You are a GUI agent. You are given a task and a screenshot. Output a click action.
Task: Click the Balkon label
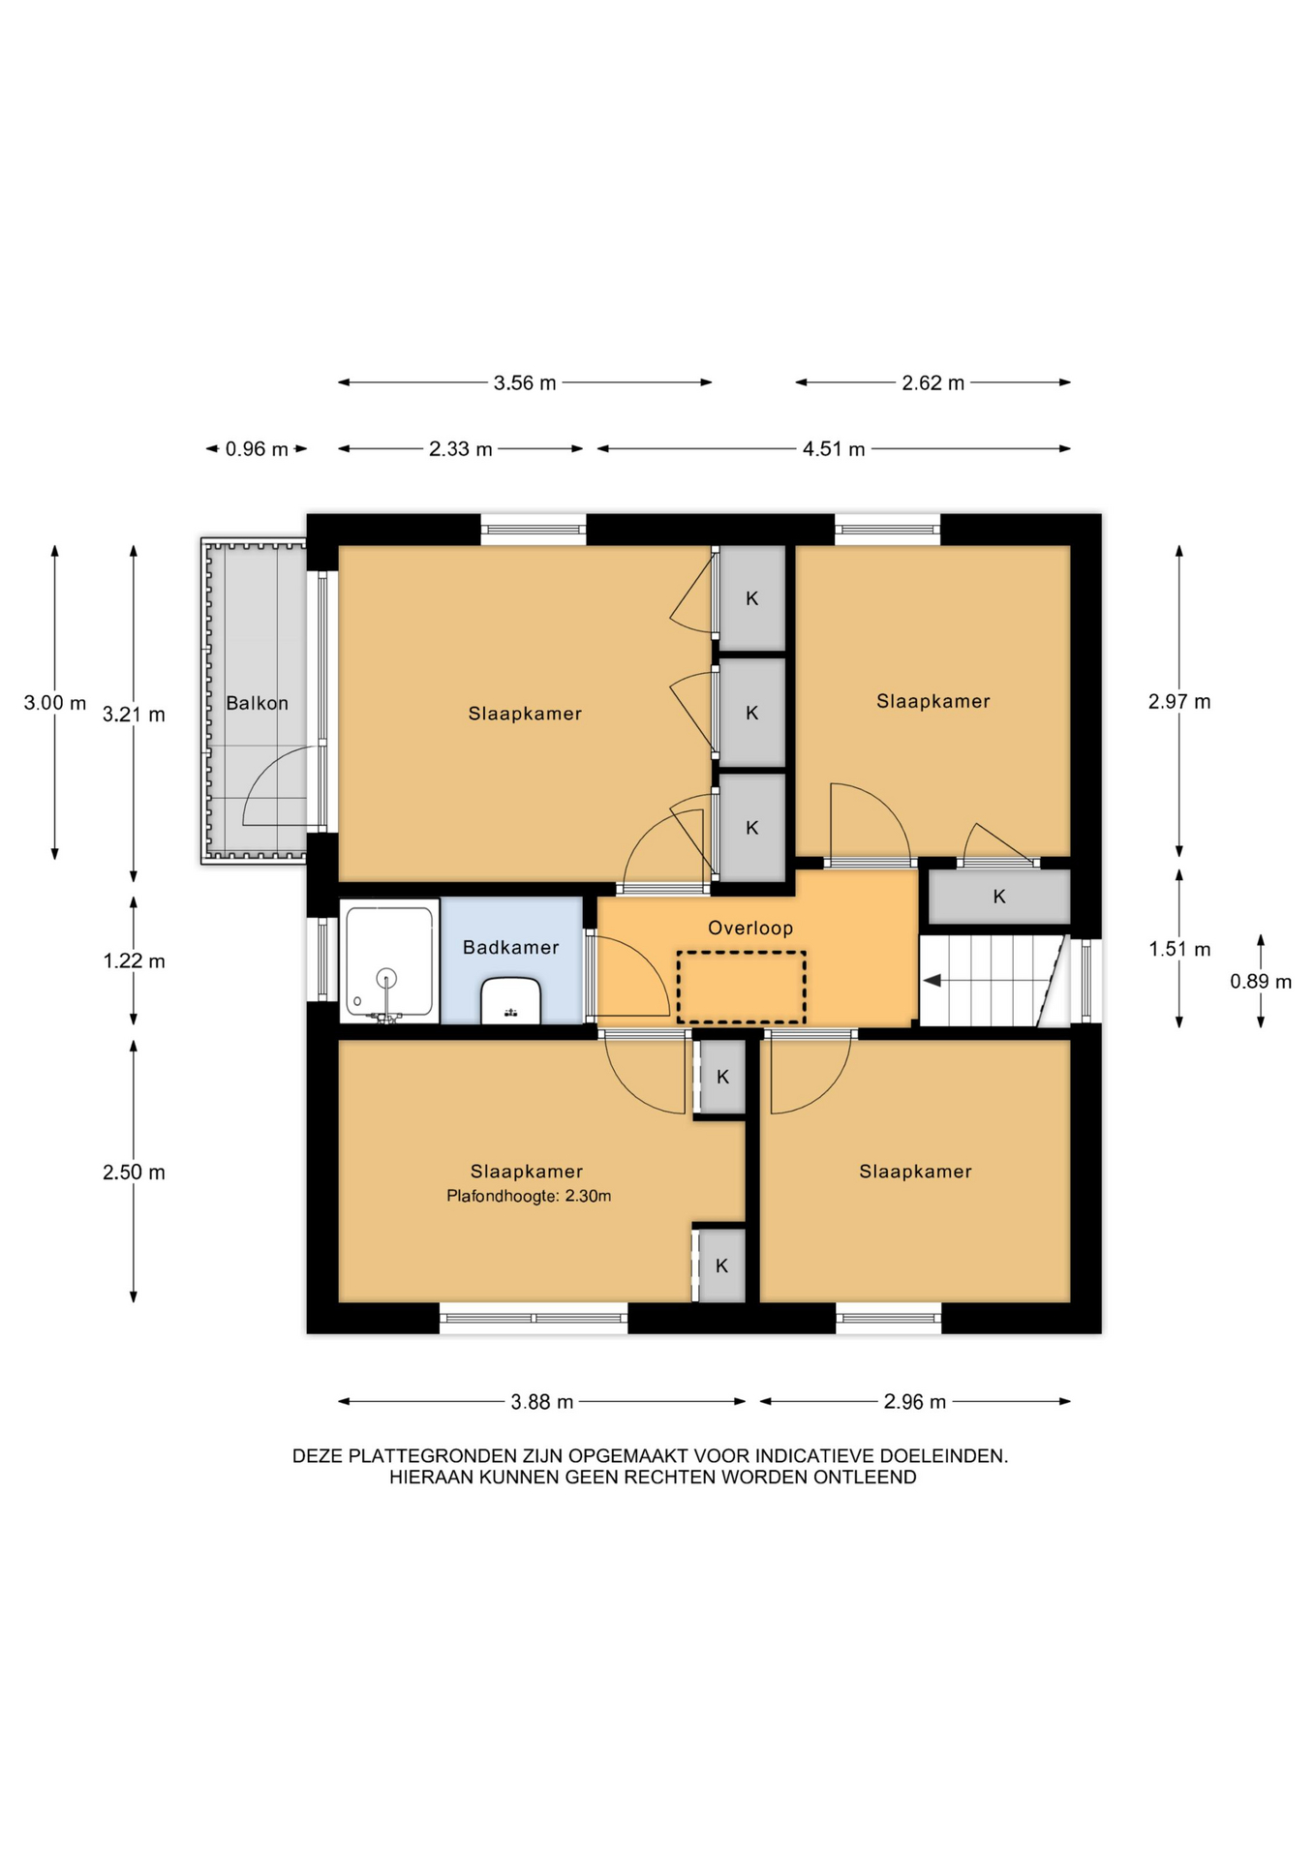[257, 703]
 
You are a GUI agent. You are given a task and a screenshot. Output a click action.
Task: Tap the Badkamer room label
[510, 947]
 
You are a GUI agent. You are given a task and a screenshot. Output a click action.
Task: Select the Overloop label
[750, 928]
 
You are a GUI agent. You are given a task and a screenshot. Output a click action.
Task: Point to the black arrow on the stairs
[932, 981]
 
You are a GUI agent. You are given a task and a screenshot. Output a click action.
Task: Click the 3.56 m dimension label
[525, 382]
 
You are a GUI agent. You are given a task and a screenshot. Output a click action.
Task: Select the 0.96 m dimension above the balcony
[257, 449]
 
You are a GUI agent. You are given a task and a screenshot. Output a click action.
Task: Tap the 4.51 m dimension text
[834, 449]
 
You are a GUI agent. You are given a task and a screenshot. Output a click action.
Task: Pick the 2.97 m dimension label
[1179, 702]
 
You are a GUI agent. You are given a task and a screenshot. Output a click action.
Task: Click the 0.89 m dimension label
[1261, 982]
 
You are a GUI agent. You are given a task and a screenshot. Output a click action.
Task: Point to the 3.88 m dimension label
[542, 1402]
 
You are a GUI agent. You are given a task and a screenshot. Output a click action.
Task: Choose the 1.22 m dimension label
[134, 961]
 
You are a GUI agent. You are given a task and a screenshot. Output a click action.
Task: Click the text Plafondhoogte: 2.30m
[529, 1196]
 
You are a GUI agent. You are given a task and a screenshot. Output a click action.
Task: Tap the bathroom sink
[511, 1001]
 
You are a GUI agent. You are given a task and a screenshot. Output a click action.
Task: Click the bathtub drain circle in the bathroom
[387, 978]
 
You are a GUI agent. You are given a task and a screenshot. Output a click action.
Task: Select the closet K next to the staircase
[999, 897]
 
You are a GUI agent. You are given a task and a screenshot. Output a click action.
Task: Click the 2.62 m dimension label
[933, 382]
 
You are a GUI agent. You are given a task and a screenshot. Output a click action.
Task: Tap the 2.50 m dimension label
[134, 1173]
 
